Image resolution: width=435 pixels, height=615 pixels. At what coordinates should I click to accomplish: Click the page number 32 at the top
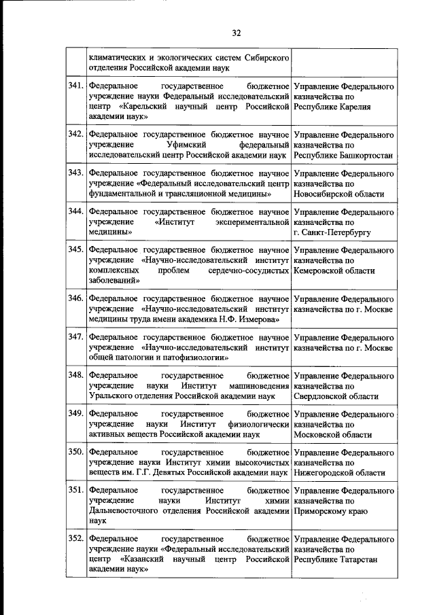pyautogui.click(x=237, y=33)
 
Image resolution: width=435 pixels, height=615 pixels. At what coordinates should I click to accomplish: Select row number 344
pyautogui.click(x=75, y=213)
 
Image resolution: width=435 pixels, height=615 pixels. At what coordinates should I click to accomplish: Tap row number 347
pyautogui.click(x=75, y=337)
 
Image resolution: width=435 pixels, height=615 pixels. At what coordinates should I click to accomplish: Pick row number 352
pyautogui.click(x=75, y=540)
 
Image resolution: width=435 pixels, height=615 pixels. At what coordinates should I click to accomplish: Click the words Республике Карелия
pyautogui.click(x=332, y=108)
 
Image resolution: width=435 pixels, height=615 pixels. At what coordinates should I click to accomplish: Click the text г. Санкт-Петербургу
pyautogui.click(x=332, y=232)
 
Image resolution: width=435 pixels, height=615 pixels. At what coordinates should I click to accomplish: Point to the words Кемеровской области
pyautogui.click(x=334, y=271)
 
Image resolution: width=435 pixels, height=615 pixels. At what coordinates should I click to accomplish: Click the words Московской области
pyautogui.click(x=333, y=434)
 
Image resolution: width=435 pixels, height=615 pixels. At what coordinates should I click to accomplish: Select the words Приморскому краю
pyautogui.click(x=331, y=511)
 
